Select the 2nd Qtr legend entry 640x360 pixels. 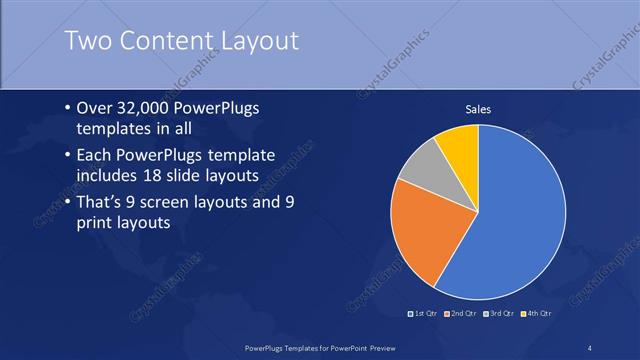click(459, 315)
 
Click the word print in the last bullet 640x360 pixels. click(96, 223)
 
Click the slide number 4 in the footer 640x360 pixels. click(590, 347)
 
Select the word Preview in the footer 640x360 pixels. click(375, 347)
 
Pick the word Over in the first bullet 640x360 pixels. click(93, 107)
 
